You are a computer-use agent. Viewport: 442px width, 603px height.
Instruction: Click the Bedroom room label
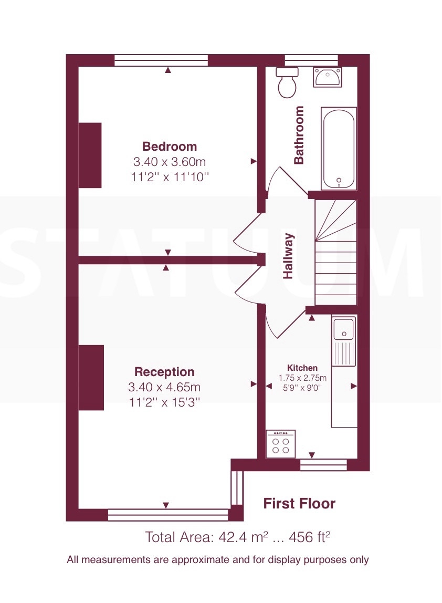pos(170,147)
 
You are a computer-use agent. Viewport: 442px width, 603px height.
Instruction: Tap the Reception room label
pos(164,372)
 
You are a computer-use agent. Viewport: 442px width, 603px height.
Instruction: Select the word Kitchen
pos(302,368)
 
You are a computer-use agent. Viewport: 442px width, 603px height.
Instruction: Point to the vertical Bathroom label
pos(299,135)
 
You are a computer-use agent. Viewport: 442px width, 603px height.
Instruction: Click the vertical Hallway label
pos(288,256)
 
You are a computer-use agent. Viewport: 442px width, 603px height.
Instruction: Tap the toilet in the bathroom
pos(287,82)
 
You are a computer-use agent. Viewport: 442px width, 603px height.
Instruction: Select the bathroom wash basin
pos(328,77)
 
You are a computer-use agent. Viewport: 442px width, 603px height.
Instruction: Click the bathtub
pos(339,149)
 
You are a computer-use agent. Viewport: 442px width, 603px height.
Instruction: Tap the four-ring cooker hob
pos(280,444)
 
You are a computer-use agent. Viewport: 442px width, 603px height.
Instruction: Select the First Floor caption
pos(299,503)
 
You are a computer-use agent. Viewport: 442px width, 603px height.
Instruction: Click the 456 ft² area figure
pos(309,536)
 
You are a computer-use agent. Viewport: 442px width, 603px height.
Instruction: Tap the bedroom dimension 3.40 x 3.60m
pos(170,162)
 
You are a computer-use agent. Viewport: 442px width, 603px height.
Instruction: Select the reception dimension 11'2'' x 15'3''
pos(164,402)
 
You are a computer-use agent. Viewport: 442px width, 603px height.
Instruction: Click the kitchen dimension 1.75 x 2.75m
pos(302,378)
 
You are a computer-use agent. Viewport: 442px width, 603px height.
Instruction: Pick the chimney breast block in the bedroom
pos(90,155)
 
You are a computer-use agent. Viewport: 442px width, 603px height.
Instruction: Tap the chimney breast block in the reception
pos(91,378)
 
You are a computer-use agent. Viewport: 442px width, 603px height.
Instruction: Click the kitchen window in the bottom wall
pos(323,464)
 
